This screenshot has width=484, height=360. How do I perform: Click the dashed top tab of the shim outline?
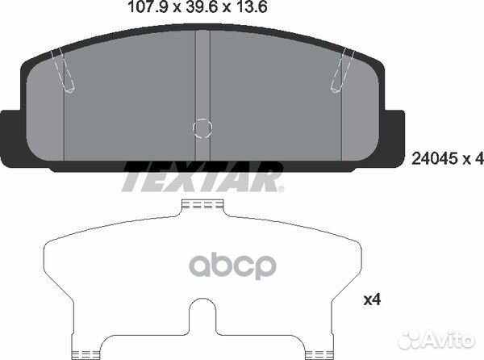click(x=202, y=207)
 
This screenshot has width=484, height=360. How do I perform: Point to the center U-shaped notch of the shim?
click(x=202, y=319)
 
